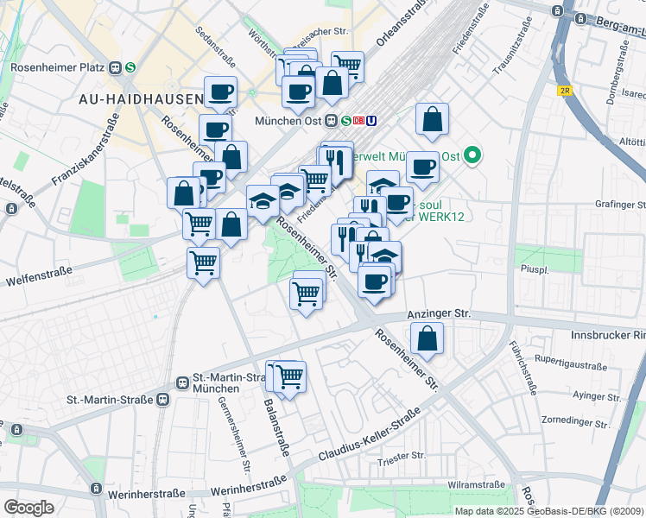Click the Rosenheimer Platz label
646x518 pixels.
pos(57,66)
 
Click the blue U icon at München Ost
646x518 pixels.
pos(371,122)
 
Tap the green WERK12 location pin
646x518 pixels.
pos(472,156)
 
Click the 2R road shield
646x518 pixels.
pos(565,91)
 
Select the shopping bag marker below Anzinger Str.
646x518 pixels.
pos(427,338)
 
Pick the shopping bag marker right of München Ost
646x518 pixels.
pos(432,120)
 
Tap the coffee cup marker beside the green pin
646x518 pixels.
pos(422,167)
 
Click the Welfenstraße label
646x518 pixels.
pos(36,281)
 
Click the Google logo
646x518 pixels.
pos(28,508)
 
